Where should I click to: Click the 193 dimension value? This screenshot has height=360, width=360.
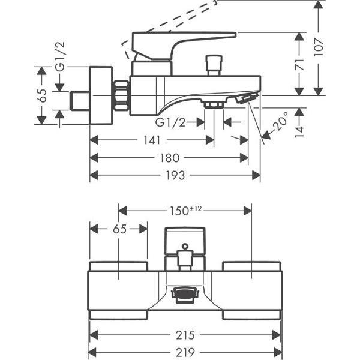(175, 175)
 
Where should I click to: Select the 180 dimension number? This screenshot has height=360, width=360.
(169, 158)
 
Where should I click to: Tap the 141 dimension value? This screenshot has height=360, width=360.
(152, 140)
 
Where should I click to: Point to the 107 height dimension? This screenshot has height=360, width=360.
(319, 47)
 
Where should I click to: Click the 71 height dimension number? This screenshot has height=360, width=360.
(299, 65)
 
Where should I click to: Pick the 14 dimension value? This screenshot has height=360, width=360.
(299, 131)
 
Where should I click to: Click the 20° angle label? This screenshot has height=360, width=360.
(280, 121)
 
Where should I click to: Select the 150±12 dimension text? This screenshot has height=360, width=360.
(185, 211)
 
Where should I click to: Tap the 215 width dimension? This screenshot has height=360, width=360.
(185, 335)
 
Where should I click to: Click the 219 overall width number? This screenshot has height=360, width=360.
(185, 352)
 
